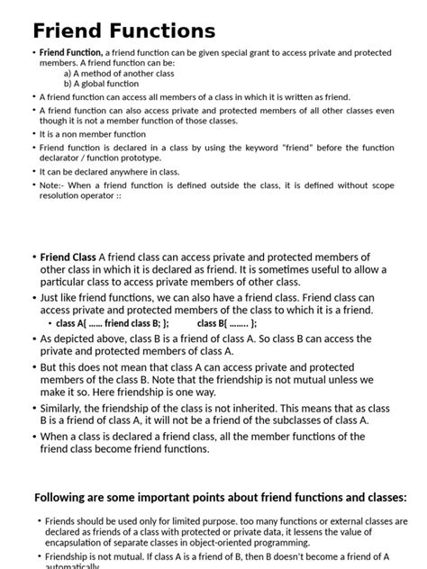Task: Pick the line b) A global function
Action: (101, 84)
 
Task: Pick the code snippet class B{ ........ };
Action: (227, 324)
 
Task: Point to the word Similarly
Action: (66, 408)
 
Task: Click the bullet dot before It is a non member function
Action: (33, 133)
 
